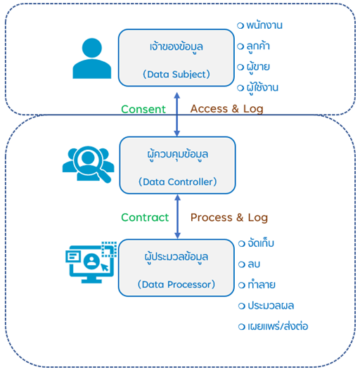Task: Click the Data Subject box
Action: point(176,57)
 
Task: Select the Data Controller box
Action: point(176,165)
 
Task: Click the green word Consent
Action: point(143,109)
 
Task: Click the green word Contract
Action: point(145,217)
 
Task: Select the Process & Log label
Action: point(229,217)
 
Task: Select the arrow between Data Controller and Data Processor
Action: point(177,217)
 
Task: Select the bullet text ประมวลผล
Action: point(271,306)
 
